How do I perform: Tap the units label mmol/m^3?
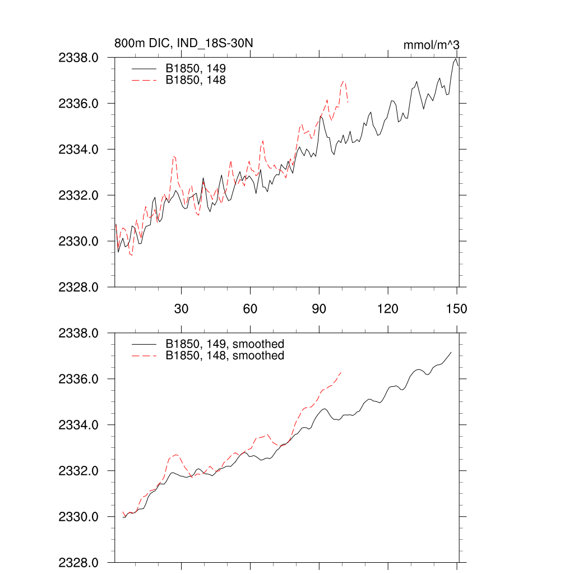(432, 45)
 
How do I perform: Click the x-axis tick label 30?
(182, 309)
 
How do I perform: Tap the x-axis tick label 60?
(250, 309)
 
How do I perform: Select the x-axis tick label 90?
(319, 309)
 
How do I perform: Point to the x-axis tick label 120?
(387, 309)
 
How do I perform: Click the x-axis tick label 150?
(456, 309)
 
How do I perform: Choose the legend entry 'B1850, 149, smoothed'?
(225, 344)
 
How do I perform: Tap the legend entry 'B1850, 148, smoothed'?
(225, 356)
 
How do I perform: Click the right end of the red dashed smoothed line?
(341, 372)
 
